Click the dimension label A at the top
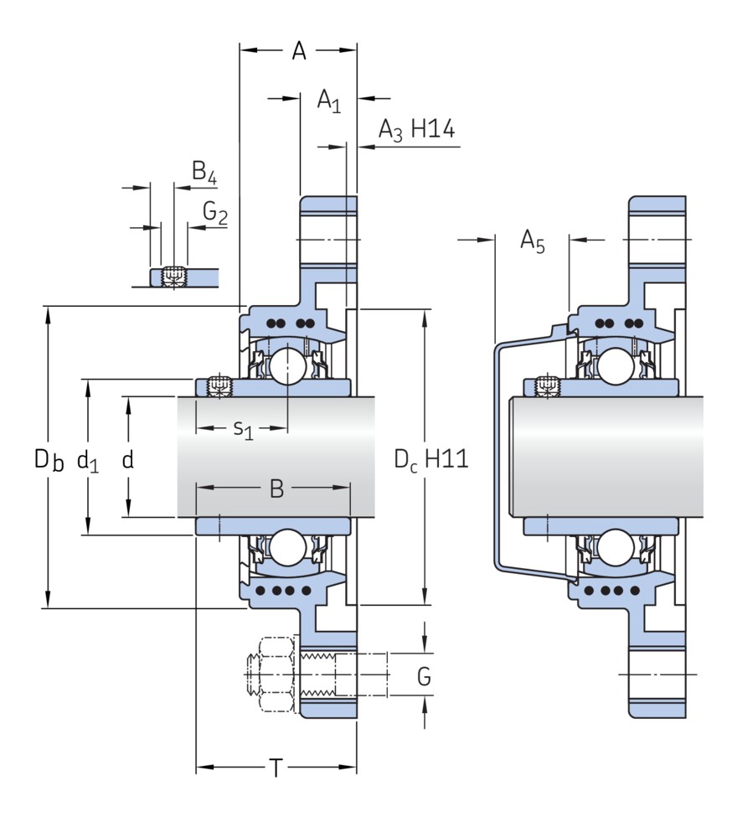click(299, 52)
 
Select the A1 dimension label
click(328, 101)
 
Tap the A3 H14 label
click(415, 130)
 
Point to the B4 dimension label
click(204, 173)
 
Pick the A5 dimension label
click(533, 242)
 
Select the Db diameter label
click(49, 459)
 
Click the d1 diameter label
click(88, 459)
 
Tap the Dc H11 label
click(430, 459)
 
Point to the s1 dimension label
click(243, 430)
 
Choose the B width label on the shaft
click(276, 489)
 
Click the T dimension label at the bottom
click(276, 768)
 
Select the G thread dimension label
click(425, 675)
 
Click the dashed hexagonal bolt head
click(270, 675)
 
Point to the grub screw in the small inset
click(174, 275)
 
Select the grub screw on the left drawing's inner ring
click(219, 386)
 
